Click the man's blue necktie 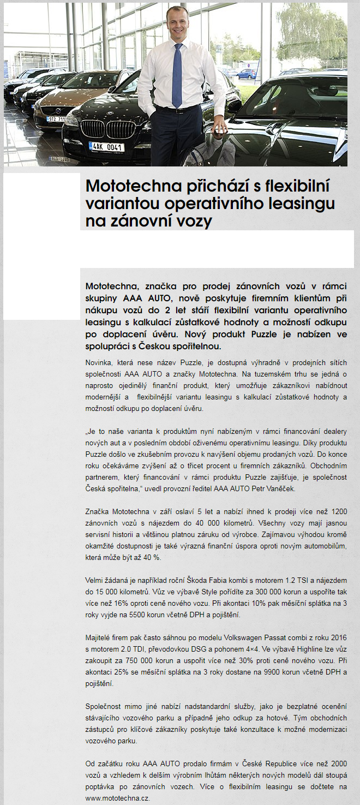click(177, 76)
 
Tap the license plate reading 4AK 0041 click(106, 147)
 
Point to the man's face click(178, 22)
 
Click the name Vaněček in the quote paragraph click(280, 489)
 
